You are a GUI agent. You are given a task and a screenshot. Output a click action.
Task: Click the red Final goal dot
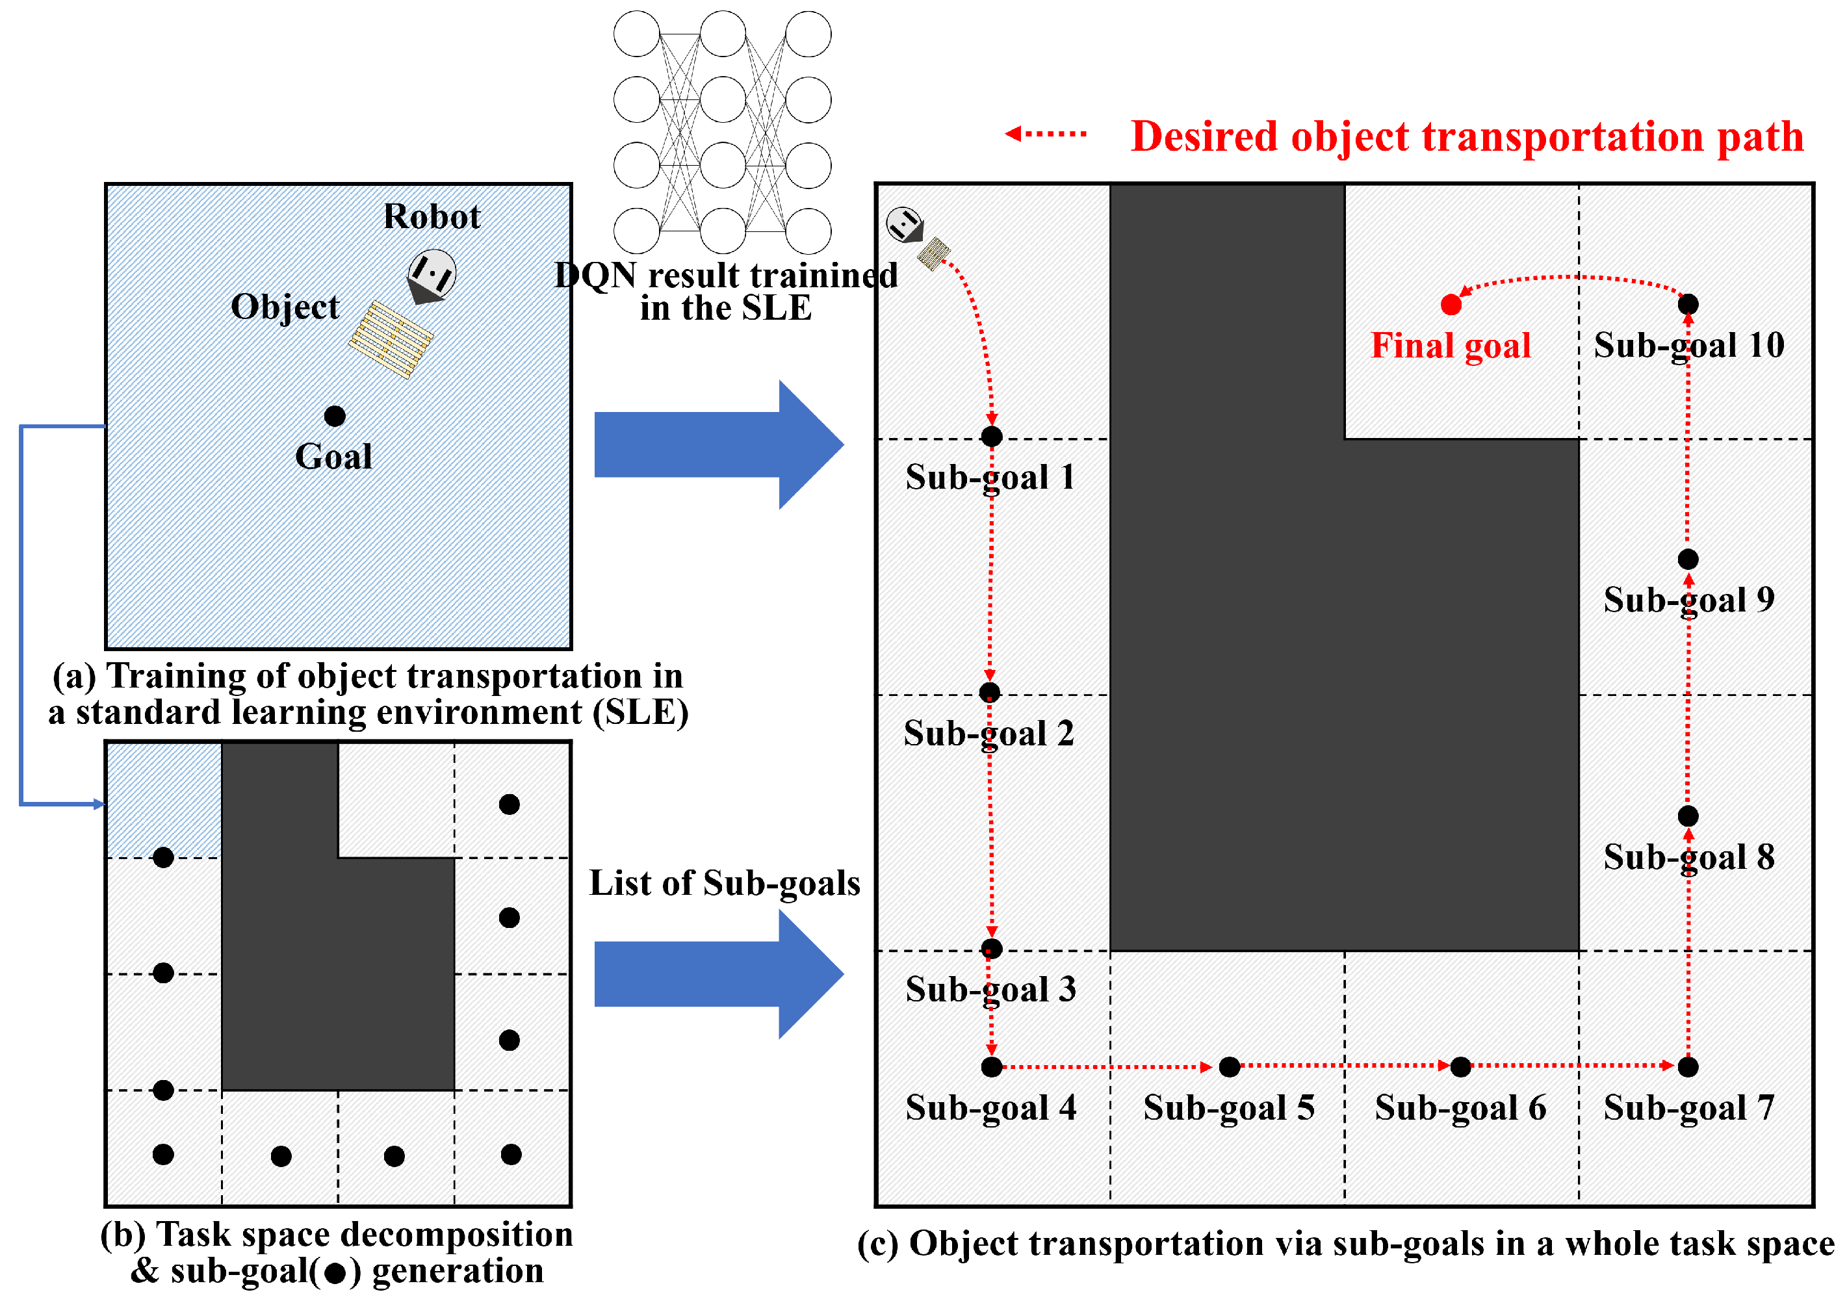point(1451,305)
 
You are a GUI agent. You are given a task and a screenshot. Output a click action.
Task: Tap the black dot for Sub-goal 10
point(1688,304)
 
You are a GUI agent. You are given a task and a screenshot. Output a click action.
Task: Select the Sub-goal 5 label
point(1228,1108)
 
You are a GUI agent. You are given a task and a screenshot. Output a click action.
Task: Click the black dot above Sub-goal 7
point(1688,1067)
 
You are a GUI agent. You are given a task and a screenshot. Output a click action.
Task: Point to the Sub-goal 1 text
point(989,477)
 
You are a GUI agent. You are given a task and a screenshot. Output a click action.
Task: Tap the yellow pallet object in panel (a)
point(391,339)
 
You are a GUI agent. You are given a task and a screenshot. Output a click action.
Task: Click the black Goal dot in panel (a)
point(335,416)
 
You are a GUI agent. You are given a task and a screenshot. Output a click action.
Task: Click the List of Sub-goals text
point(724,883)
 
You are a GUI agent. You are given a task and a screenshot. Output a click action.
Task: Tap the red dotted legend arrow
point(1045,134)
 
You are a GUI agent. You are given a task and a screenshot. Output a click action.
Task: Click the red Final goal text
point(1451,346)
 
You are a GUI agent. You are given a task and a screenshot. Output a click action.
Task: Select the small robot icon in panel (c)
point(905,224)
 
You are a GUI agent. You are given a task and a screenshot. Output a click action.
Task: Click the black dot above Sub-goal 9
point(1688,559)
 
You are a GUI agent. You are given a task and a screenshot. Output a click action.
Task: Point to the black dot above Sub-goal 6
point(1460,1067)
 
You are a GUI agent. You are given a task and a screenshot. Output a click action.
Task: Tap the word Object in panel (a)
point(285,307)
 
